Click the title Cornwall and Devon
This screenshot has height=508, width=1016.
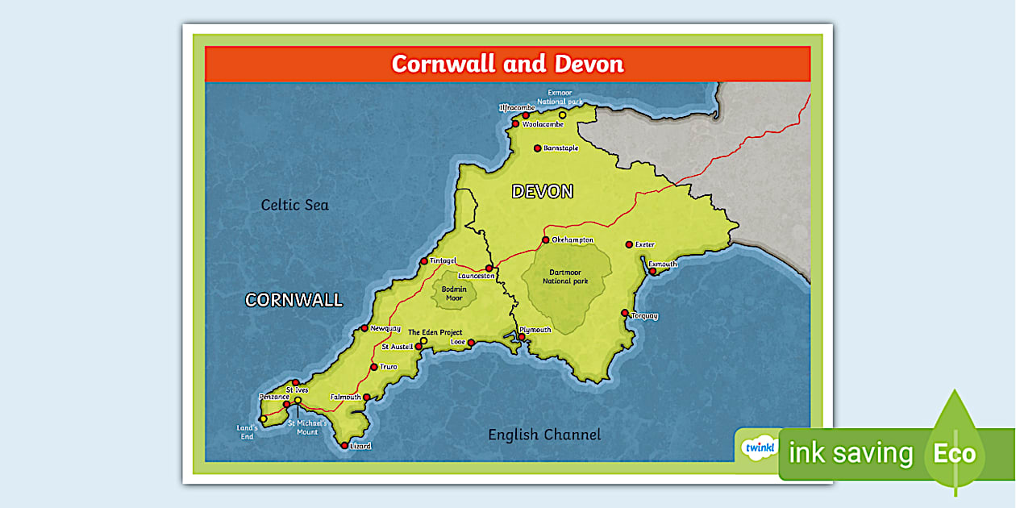point(507,64)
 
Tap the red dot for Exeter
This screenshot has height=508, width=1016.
point(629,244)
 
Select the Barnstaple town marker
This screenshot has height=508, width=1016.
point(537,148)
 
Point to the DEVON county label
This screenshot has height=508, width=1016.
point(543,192)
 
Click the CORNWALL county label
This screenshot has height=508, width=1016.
point(294,300)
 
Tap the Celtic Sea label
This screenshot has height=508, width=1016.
point(294,205)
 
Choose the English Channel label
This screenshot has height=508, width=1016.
point(544,435)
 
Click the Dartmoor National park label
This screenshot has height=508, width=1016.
point(565,277)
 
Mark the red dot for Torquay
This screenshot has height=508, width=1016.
point(625,313)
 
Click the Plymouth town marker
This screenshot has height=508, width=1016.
point(522,337)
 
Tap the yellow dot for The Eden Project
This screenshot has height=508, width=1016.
point(424,341)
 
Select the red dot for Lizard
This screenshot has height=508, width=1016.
point(344,445)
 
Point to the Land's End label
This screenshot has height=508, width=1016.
point(248,432)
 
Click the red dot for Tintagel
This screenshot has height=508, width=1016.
point(424,261)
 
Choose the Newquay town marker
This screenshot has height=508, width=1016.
point(364,328)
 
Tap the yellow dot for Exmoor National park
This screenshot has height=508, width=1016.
point(563,115)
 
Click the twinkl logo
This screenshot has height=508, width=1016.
point(759,447)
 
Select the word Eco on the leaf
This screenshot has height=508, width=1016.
point(955,453)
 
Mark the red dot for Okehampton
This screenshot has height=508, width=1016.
point(546,240)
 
